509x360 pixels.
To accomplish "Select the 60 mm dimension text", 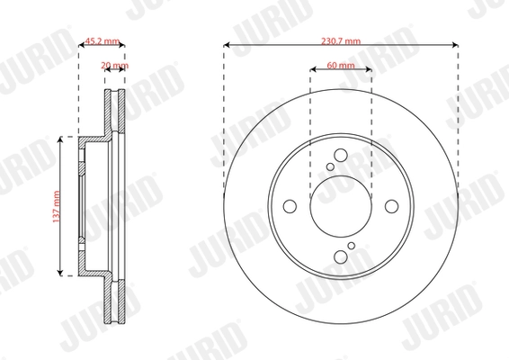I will [339, 66].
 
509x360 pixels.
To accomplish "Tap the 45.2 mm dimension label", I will [103, 40].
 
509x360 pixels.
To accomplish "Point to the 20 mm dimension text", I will [115, 66].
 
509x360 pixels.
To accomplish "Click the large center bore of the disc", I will [339, 205].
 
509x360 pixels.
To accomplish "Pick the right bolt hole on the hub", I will [390, 205].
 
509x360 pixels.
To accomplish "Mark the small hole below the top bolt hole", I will [331, 166].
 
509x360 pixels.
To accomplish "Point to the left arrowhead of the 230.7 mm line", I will [226, 47].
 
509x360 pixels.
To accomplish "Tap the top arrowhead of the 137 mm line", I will [61, 139].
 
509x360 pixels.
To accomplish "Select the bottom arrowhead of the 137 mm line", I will [61, 273].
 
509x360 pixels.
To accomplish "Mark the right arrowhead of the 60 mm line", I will [367, 72].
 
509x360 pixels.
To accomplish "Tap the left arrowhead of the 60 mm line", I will [311, 72].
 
